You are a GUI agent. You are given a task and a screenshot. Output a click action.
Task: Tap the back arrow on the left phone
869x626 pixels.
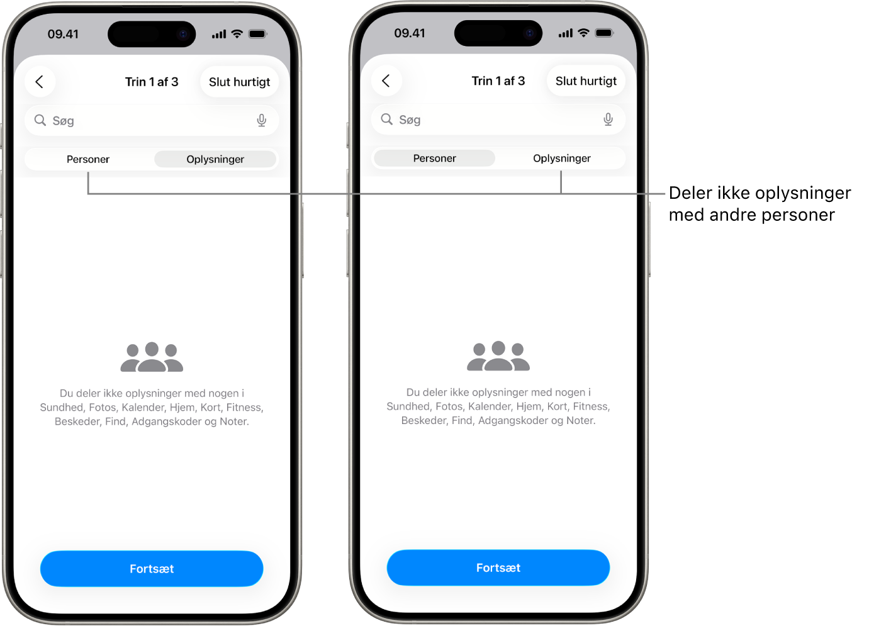pos(40,82)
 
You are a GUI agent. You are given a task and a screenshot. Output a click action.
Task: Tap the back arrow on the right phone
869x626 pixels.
pos(386,81)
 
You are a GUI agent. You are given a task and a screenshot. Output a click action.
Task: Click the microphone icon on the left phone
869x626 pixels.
pos(262,121)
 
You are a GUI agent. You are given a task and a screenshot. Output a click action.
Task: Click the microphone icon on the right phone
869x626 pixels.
pos(608,120)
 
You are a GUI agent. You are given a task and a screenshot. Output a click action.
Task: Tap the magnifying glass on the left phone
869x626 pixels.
pos(40,120)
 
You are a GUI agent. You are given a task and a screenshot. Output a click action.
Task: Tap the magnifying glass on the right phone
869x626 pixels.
pos(386,119)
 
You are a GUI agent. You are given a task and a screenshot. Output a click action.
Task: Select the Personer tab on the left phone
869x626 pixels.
pos(88,159)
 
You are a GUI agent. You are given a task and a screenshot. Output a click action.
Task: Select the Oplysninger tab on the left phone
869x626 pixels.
pos(215,159)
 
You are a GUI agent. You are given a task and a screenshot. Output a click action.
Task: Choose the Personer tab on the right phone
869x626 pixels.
pos(434,159)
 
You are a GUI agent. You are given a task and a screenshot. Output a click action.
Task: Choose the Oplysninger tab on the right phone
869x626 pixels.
pos(562,159)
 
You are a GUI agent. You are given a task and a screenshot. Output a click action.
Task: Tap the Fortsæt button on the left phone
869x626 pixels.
pos(152,569)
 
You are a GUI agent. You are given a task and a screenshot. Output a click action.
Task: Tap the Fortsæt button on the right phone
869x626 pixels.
pos(498,567)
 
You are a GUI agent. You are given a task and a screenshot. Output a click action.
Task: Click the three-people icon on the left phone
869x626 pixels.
pos(152,357)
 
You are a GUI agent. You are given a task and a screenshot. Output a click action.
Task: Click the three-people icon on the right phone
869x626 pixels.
pos(498,355)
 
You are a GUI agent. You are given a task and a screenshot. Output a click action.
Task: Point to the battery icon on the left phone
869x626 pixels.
pos(257,34)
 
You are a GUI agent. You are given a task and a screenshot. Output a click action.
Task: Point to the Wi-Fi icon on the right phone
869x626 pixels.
pos(583,33)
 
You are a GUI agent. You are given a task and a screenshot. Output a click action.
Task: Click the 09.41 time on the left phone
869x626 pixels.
pos(63,34)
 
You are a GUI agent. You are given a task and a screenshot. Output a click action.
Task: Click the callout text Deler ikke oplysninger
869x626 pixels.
pos(760,193)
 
